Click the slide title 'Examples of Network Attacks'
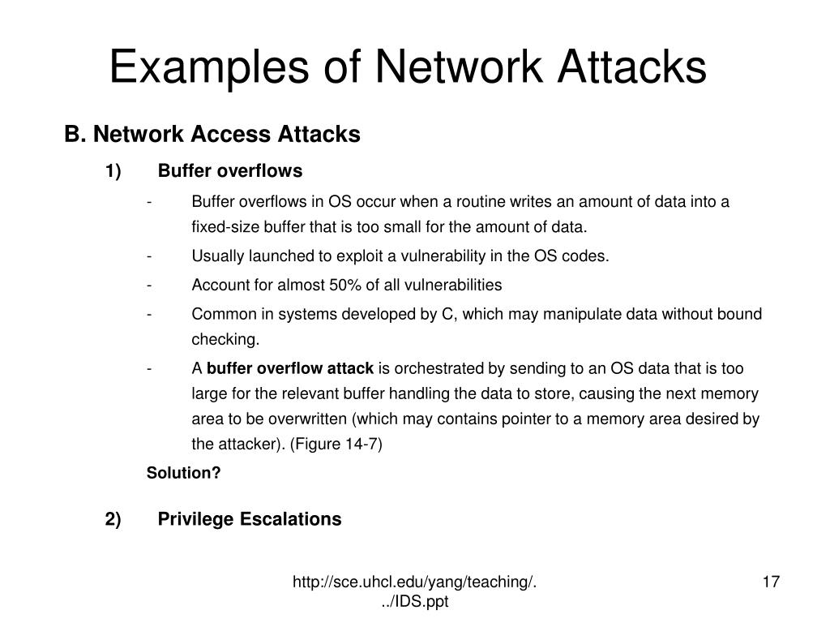click(408, 67)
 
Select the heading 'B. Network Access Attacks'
click(212, 134)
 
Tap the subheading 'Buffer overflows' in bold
click(230, 171)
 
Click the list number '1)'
click(113, 171)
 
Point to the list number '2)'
click(113, 519)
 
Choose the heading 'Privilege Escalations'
click(250, 519)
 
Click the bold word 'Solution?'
click(183, 473)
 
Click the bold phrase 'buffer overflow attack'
click(290, 368)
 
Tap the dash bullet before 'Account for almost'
click(150, 285)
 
